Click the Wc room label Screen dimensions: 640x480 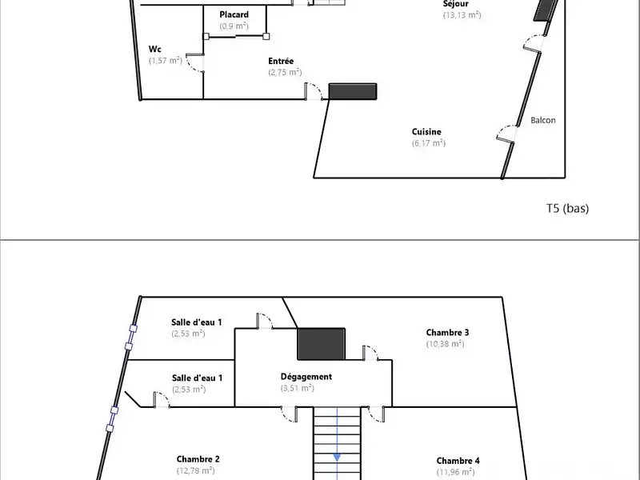click(x=154, y=50)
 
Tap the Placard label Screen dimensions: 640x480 click(x=234, y=14)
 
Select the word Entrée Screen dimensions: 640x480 click(x=281, y=62)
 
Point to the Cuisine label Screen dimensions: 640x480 click(x=426, y=132)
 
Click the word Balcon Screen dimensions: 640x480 click(x=543, y=121)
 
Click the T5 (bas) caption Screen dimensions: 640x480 click(x=568, y=208)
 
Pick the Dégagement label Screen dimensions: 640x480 click(x=306, y=377)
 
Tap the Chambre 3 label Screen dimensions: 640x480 click(x=447, y=333)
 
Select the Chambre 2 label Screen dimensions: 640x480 click(x=198, y=459)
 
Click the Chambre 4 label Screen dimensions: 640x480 click(x=458, y=461)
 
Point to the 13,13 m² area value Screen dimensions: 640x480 click(x=462, y=15)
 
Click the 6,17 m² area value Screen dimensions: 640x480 click(x=429, y=143)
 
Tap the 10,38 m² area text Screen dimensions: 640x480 click(x=446, y=344)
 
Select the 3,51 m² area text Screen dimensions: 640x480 click(x=297, y=388)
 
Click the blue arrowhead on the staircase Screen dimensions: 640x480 click(x=337, y=458)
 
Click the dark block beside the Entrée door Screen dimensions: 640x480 click(x=353, y=91)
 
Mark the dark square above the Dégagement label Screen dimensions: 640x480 click(x=322, y=344)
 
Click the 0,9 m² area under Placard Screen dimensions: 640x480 click(x=234, y=26)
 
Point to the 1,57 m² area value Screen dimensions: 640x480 click(x=166, y=61)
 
